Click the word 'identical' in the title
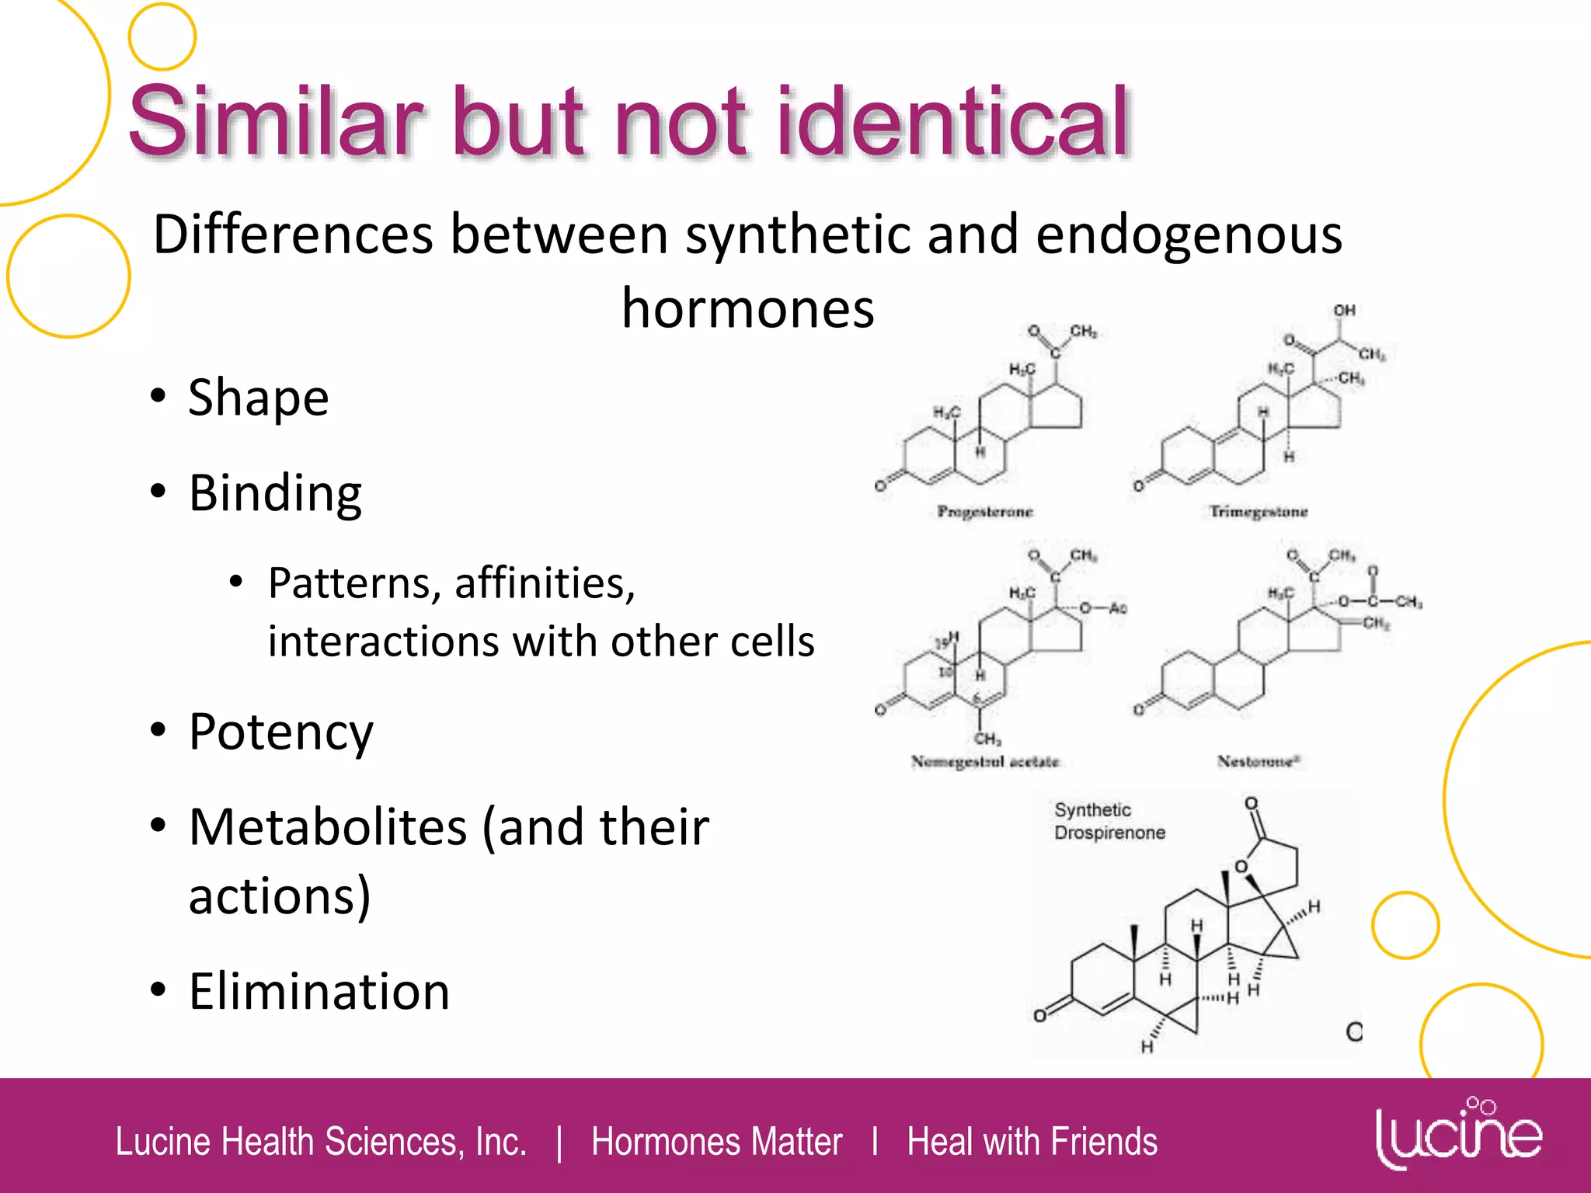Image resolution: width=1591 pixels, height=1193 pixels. pos(951,123)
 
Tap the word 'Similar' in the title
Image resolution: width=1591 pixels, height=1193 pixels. pos(276,123)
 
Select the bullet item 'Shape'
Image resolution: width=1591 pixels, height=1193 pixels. pos(259,397)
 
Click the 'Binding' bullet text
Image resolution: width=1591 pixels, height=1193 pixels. pos(275,493)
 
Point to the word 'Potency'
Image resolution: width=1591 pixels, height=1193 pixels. pos(280,732)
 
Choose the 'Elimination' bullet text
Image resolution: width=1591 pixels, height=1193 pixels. pos(319,992)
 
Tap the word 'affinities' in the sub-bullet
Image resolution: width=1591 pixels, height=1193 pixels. pos(544,583)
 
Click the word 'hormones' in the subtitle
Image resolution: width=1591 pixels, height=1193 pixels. pos(747,309)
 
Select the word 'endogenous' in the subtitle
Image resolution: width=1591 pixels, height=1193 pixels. pos(1189,235)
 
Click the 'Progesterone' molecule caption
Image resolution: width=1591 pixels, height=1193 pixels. pos(985,511)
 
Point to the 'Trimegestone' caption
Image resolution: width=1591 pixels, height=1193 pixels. pos(1258,511)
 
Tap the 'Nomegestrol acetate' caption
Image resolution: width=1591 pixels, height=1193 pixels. pos(985,761)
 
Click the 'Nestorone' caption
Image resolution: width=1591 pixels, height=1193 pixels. pos(1259,761)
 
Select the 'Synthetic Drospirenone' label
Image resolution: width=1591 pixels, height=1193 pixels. pos(1109,821)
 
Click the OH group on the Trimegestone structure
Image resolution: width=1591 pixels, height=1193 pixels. pos(1345,311)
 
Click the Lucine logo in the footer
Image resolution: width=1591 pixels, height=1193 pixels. pos(1458,1135)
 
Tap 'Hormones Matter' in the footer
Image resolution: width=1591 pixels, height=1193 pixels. pos(716,1142)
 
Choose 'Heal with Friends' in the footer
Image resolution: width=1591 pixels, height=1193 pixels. pos(1032,1142)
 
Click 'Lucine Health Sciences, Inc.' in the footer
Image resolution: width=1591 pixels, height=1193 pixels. pos(321,1142)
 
